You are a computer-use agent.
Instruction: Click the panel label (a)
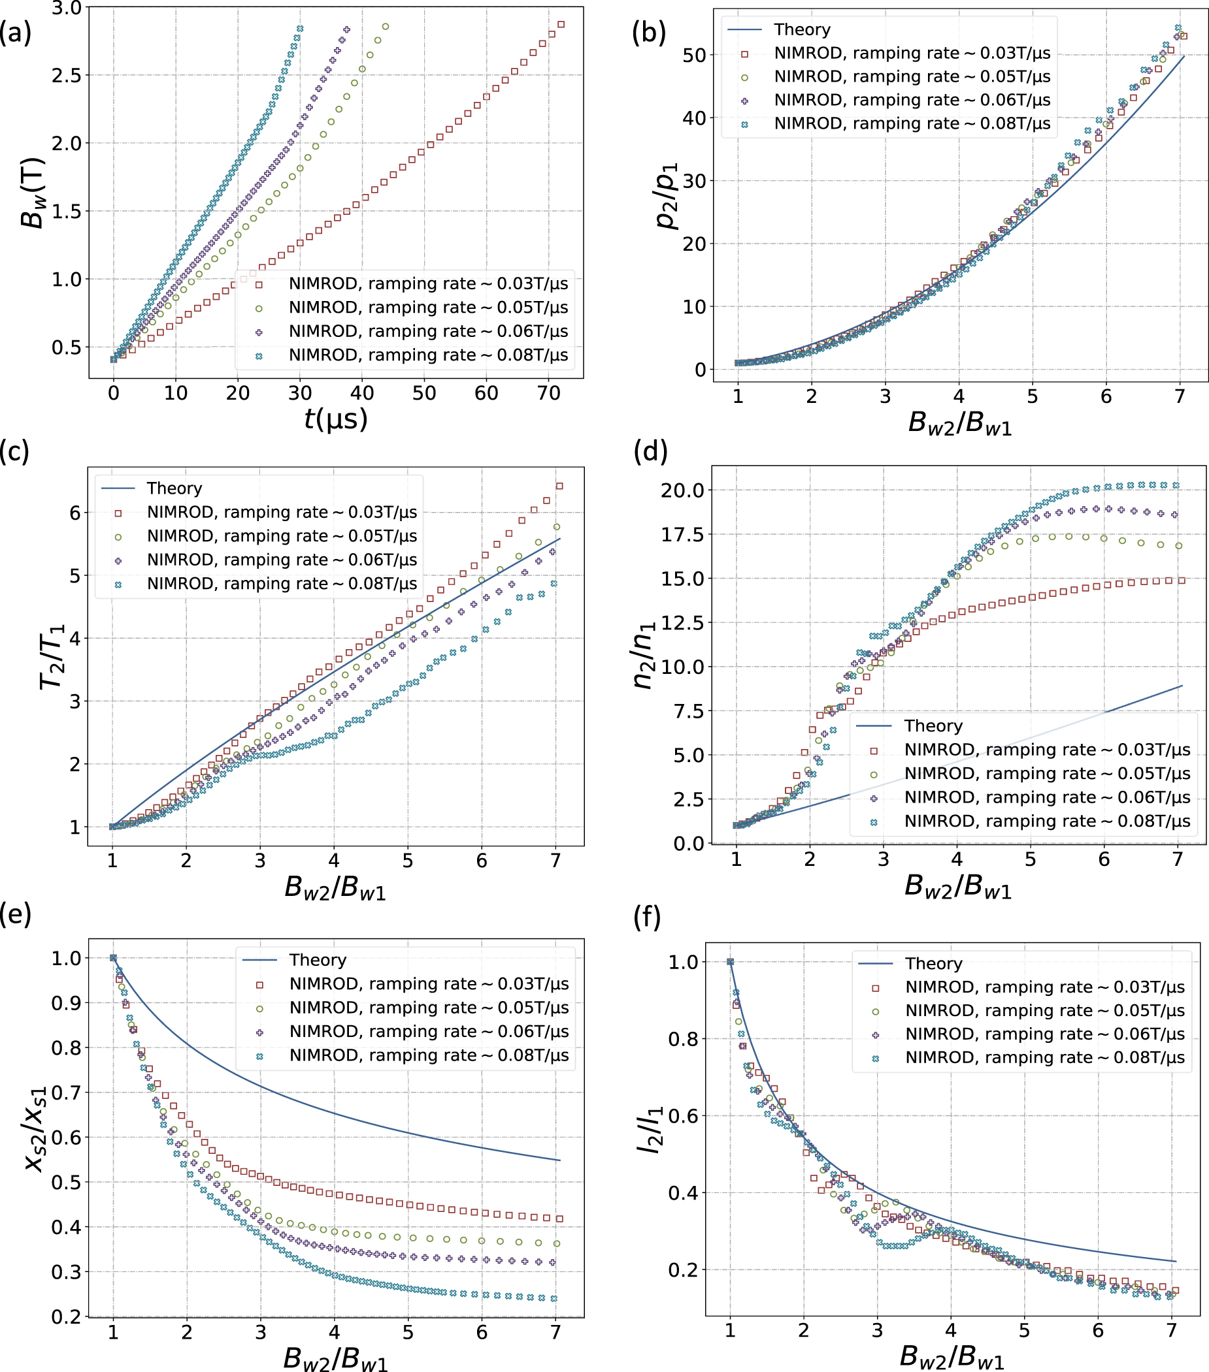pos(16,33)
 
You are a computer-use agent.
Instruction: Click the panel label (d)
pos(650,452)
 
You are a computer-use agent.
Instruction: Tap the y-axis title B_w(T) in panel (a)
pos(31,193)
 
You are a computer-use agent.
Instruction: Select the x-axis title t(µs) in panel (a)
pos(336,419)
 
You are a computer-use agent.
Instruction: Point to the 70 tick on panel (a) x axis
pos(548,393)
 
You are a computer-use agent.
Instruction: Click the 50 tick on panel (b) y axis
pos(694,55)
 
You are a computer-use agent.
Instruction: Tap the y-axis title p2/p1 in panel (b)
pos(667,195)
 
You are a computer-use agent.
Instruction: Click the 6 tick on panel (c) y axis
pos(75,513)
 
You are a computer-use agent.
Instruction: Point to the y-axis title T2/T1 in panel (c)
pos(52,656)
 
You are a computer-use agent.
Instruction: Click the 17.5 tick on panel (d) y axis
pos(682,535)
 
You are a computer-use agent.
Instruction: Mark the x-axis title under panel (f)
pos(952,1356)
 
